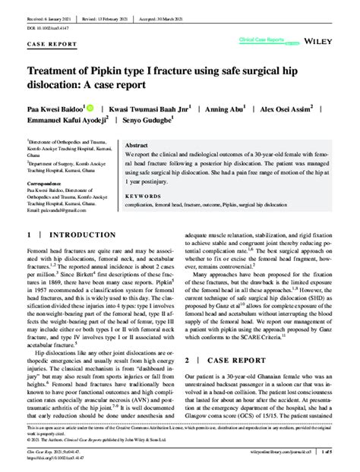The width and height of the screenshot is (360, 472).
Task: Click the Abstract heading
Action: pos(136,145)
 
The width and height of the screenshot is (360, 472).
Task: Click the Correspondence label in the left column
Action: pos(48,184)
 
